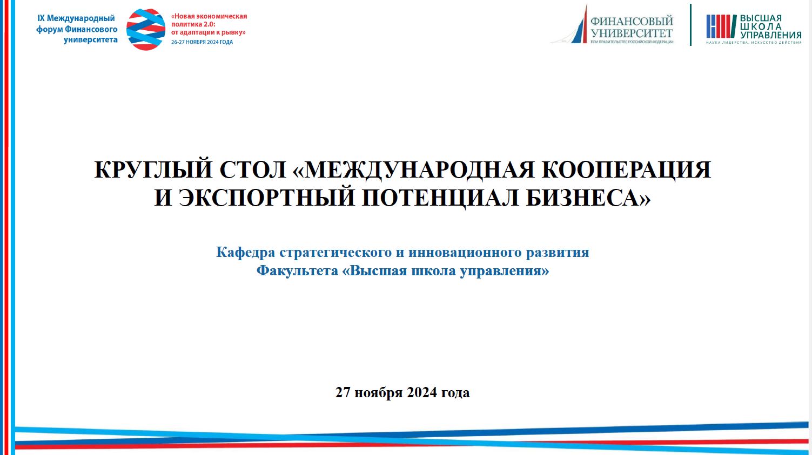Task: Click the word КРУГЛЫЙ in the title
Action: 153,169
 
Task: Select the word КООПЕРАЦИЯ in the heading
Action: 626,169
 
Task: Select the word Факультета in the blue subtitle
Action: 297,271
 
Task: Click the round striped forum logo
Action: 146,29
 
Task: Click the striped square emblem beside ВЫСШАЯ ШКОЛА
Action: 721,26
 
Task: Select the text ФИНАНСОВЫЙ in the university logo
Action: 632,21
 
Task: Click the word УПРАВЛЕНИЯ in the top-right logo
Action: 771,35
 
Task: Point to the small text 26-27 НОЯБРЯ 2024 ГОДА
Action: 202,42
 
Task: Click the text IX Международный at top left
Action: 76,18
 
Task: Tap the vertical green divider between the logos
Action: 690,25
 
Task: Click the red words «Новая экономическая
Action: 209,16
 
